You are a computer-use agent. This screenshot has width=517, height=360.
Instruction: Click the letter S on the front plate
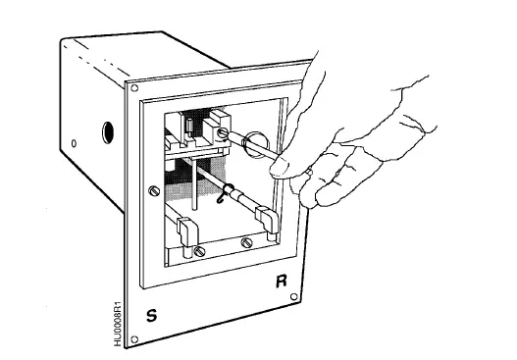click(150, 315)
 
